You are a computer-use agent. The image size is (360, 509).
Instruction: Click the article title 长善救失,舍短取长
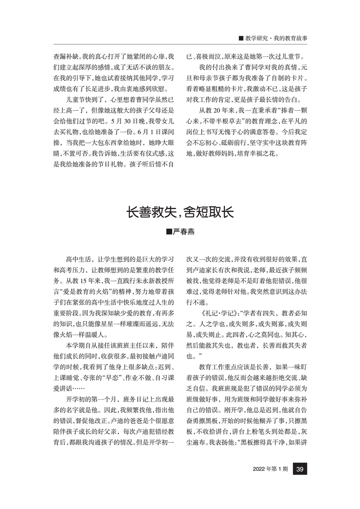click(x=180, y=213)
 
